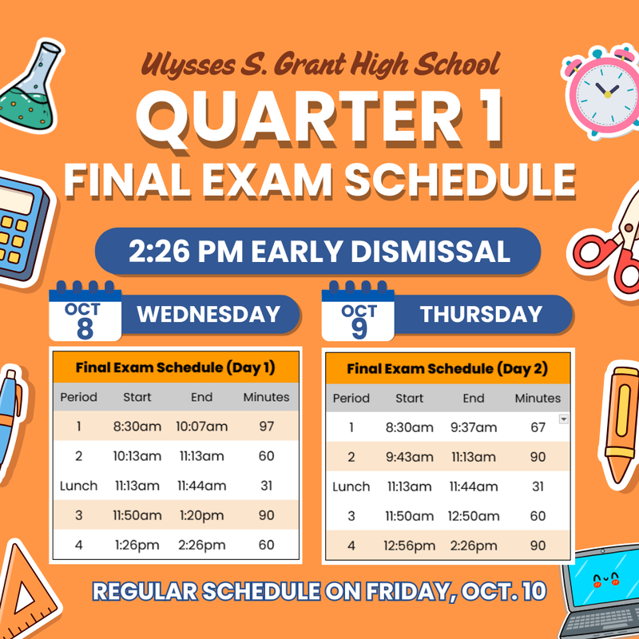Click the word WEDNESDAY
[x=208, y=314]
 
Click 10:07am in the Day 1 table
[x=202, y=427]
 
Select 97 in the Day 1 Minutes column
[x=267, y=427]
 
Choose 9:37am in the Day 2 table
[x=474, y=427]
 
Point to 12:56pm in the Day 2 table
[x=409, y=546]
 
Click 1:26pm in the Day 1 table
[x=137, y=545]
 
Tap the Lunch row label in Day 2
[x=351, y=486]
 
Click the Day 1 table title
[x=175, y=368]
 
